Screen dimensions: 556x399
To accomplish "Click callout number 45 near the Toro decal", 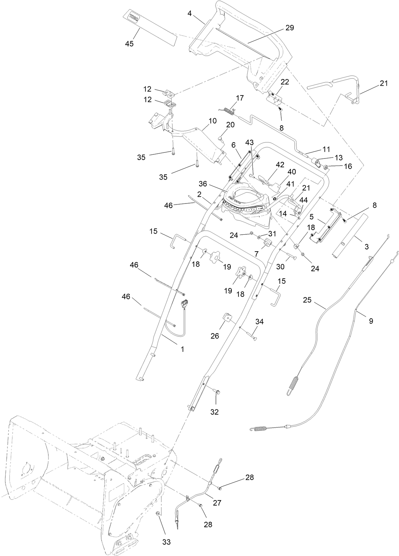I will coord(129,44).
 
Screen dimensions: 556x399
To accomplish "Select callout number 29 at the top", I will coord(289,28).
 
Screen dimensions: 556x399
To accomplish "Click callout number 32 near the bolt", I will coord(215,412).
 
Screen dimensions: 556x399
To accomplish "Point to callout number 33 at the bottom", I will coord(166,542).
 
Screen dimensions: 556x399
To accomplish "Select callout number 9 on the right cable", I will coord(371,321).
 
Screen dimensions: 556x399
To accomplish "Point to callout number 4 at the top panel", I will coord(190,14).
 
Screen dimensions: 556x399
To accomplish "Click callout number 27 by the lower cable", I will coord(217,503).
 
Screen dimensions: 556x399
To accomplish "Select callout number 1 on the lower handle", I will coord(182,349).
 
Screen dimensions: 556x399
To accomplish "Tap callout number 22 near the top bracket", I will coord(285,82).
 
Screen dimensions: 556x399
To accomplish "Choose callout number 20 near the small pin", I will coord(230,125).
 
